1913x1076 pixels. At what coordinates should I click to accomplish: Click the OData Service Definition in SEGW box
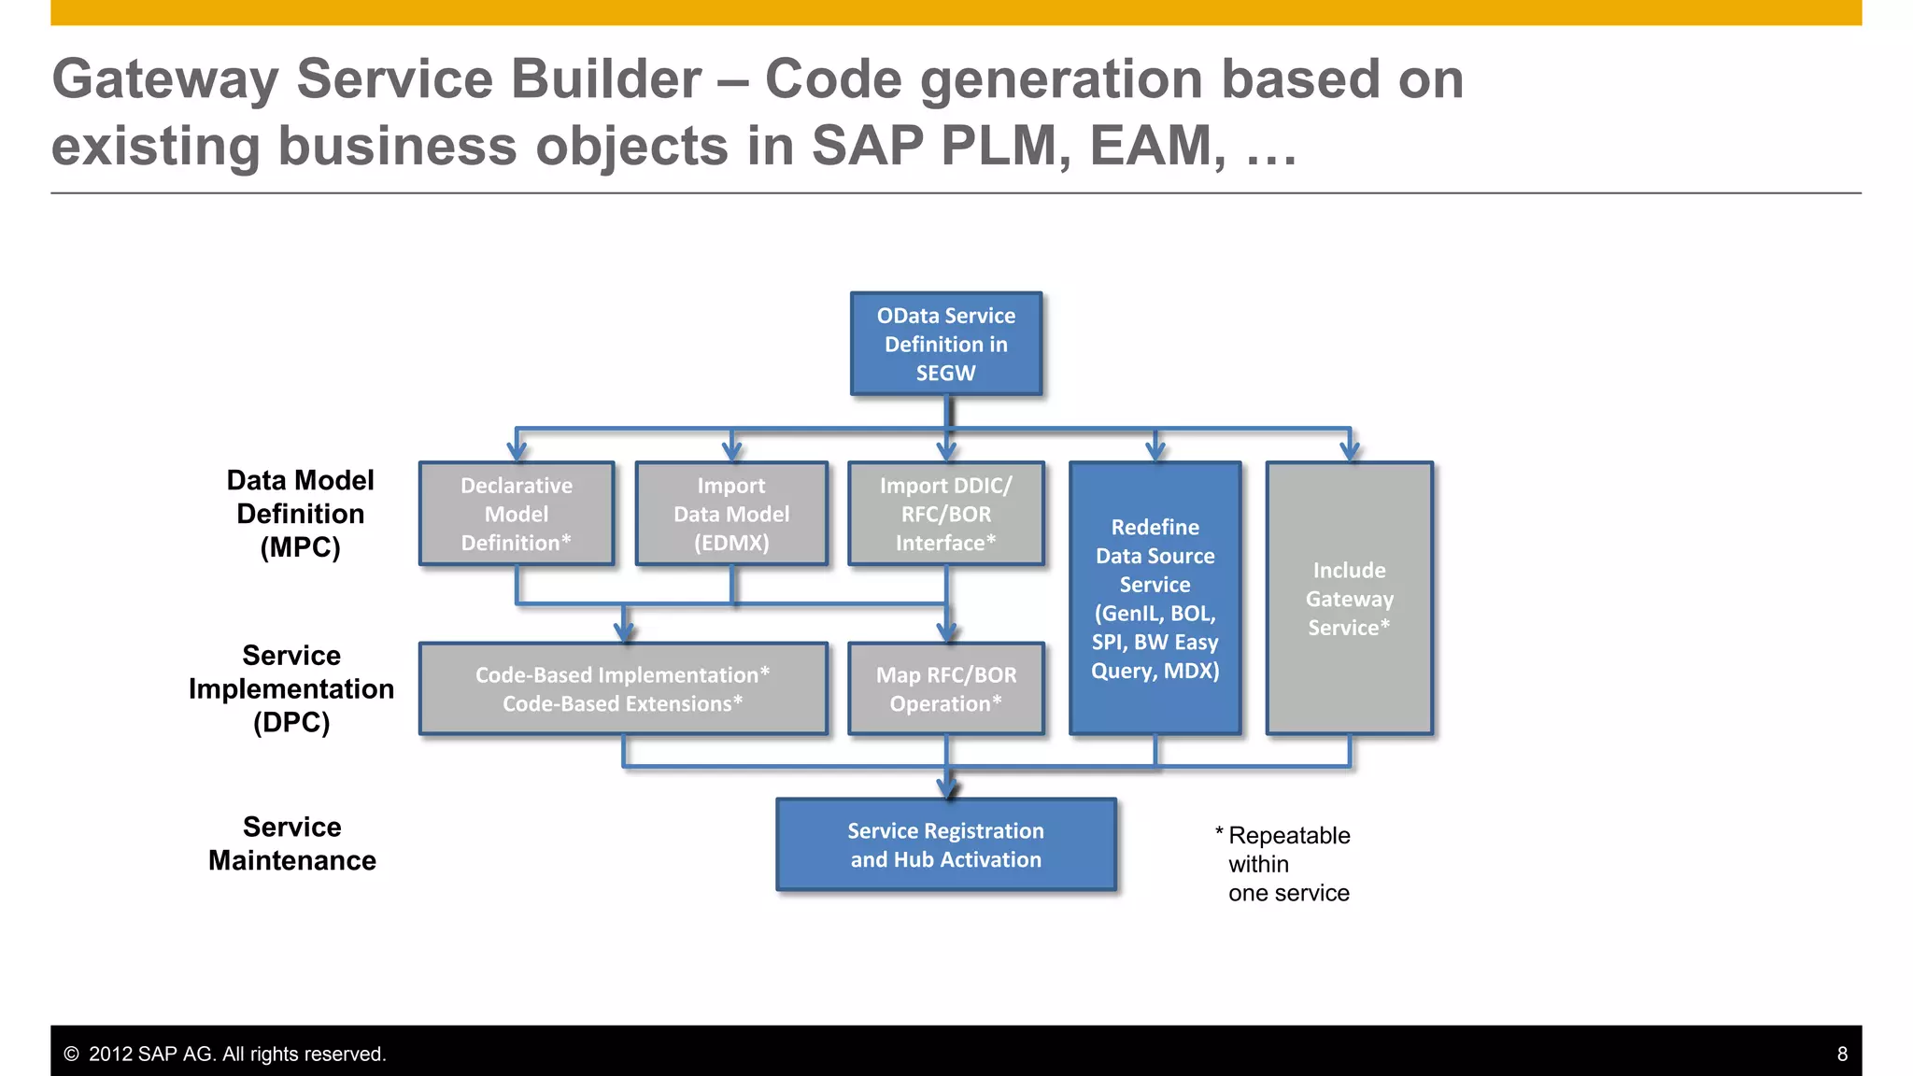945,344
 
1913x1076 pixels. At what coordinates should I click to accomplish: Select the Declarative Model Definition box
517,514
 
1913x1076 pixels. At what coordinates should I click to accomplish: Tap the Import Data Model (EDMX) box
731,514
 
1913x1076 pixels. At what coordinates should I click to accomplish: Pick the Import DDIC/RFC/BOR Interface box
945,514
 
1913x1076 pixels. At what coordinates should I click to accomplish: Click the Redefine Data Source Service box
1155,598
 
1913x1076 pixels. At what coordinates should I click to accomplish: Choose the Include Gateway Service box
1349,598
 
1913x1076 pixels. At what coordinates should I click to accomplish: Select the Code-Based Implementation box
623,688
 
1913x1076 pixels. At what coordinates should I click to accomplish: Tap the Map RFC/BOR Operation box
945,688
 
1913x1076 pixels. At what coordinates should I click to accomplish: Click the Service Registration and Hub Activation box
945,844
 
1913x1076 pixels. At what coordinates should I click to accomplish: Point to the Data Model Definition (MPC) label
300,514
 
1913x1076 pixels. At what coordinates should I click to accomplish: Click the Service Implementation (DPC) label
291,688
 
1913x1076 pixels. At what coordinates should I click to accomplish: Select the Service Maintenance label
291,843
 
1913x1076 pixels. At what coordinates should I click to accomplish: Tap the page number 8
1842,1054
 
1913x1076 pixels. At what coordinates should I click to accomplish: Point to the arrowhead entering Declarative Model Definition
517,451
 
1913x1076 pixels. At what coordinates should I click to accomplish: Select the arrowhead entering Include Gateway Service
1350,451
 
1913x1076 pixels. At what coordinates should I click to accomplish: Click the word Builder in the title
593,78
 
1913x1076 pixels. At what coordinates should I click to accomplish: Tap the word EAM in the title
1156,146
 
